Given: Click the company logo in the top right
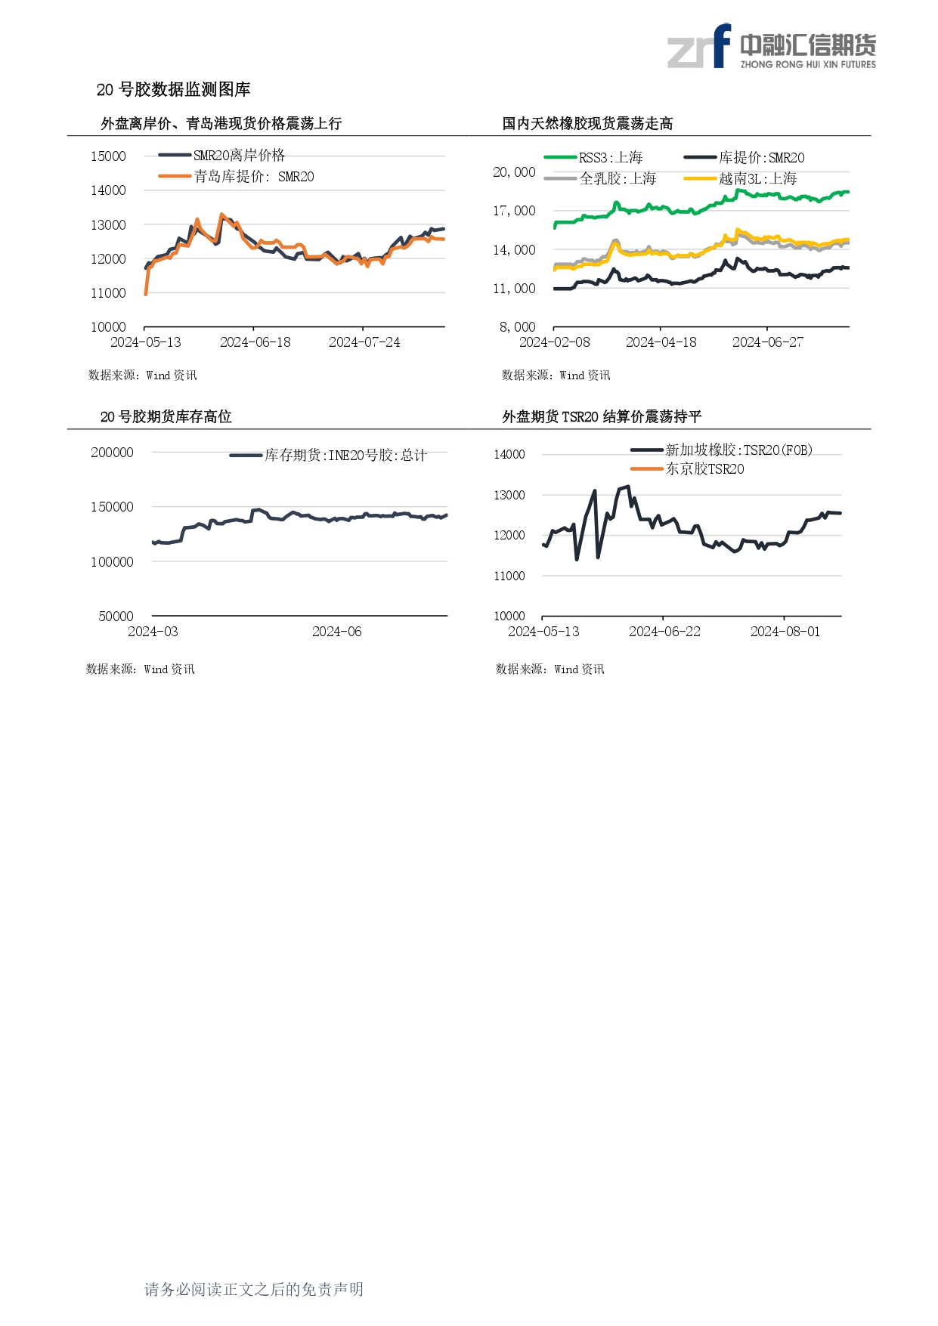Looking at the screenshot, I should click(771, 47).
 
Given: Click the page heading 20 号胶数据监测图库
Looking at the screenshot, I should click(173, 89).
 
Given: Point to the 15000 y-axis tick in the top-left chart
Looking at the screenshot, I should click(108, 156).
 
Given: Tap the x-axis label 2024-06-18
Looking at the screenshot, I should click(255, 342).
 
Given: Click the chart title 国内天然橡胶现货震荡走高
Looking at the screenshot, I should click(587, 123).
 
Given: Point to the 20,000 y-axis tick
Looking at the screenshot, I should click(514, 172).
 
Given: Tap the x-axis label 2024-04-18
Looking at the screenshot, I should click(661, 342).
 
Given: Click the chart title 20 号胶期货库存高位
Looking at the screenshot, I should click(166, 416).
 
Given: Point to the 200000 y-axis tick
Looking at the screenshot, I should click(112, 453).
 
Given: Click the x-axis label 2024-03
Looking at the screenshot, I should click(153, 632).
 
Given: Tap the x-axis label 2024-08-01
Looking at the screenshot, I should click(785, 632).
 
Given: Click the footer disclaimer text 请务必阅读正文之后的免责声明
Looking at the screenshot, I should click(254, 1289).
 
